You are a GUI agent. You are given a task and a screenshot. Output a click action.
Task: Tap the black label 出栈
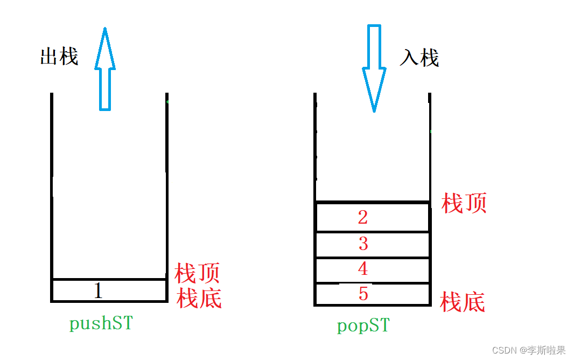59,56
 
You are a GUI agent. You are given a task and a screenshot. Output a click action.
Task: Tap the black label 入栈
419,57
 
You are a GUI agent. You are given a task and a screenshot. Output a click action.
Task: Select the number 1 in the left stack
98,291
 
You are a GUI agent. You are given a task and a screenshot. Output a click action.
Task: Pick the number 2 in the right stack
363,217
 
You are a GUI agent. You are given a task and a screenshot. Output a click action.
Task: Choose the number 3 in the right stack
363,244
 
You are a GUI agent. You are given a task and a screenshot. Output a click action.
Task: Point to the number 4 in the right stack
363,268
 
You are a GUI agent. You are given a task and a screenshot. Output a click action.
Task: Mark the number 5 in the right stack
363,294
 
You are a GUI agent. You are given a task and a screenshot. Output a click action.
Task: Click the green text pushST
101,324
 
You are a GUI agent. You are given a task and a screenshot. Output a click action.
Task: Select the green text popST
363,326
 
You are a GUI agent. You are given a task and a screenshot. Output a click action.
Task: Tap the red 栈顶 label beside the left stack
197,273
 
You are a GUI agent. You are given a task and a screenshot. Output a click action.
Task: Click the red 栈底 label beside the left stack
199,298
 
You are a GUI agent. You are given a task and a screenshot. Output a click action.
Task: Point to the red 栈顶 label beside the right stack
464,203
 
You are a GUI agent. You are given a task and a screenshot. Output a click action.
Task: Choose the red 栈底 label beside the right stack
463,302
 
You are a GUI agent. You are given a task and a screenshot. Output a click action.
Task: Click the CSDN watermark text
529,350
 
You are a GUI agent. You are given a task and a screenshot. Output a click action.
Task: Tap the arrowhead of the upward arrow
105,49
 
